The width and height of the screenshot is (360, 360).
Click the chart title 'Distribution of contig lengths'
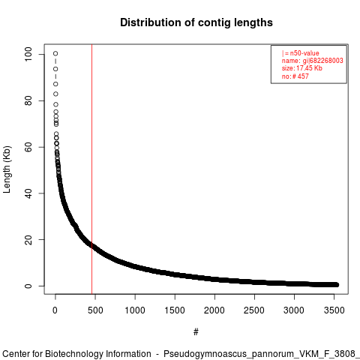tap(196, 22)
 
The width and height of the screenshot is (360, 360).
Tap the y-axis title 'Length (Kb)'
tap(7, 169)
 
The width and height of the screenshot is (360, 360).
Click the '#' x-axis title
tap(196, 332)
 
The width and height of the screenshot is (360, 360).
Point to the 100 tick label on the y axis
tap(28, 54)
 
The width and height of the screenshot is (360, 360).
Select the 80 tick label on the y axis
tap(28, 100)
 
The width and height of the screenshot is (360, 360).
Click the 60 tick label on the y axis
tap(28, 147)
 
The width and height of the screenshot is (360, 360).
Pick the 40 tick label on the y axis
tap(28, 193)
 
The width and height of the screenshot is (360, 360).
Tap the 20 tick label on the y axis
tap(28, 239)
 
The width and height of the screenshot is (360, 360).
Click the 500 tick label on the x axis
tap(95, 310)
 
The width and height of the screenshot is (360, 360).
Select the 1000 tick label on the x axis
tap(135, 310)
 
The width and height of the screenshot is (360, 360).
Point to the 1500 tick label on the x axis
tap(175, 310)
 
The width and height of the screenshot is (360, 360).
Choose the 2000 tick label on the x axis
tap(214, 310)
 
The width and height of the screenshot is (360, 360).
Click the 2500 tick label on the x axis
tap(254, 310)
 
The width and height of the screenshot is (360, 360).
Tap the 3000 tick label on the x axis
tap(294, 310)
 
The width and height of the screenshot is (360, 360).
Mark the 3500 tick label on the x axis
tap(334, 310)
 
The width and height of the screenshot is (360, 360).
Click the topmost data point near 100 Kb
tap(55, 53)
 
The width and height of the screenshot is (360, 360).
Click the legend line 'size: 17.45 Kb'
tap(302, 68)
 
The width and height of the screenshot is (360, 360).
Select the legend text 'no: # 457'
tap(295, 76)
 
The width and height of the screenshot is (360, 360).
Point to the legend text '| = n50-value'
tap(301, 53)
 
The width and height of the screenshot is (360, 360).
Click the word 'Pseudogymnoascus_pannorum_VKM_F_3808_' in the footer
tap(262, 354)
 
